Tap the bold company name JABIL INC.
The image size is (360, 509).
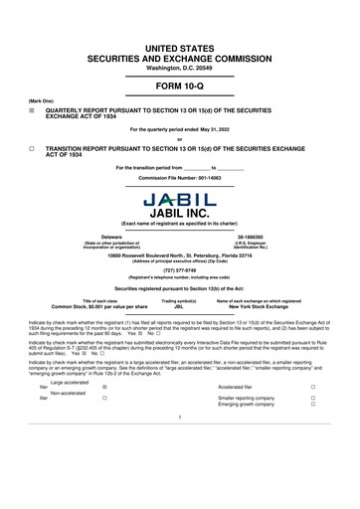[x=180, y=212]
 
